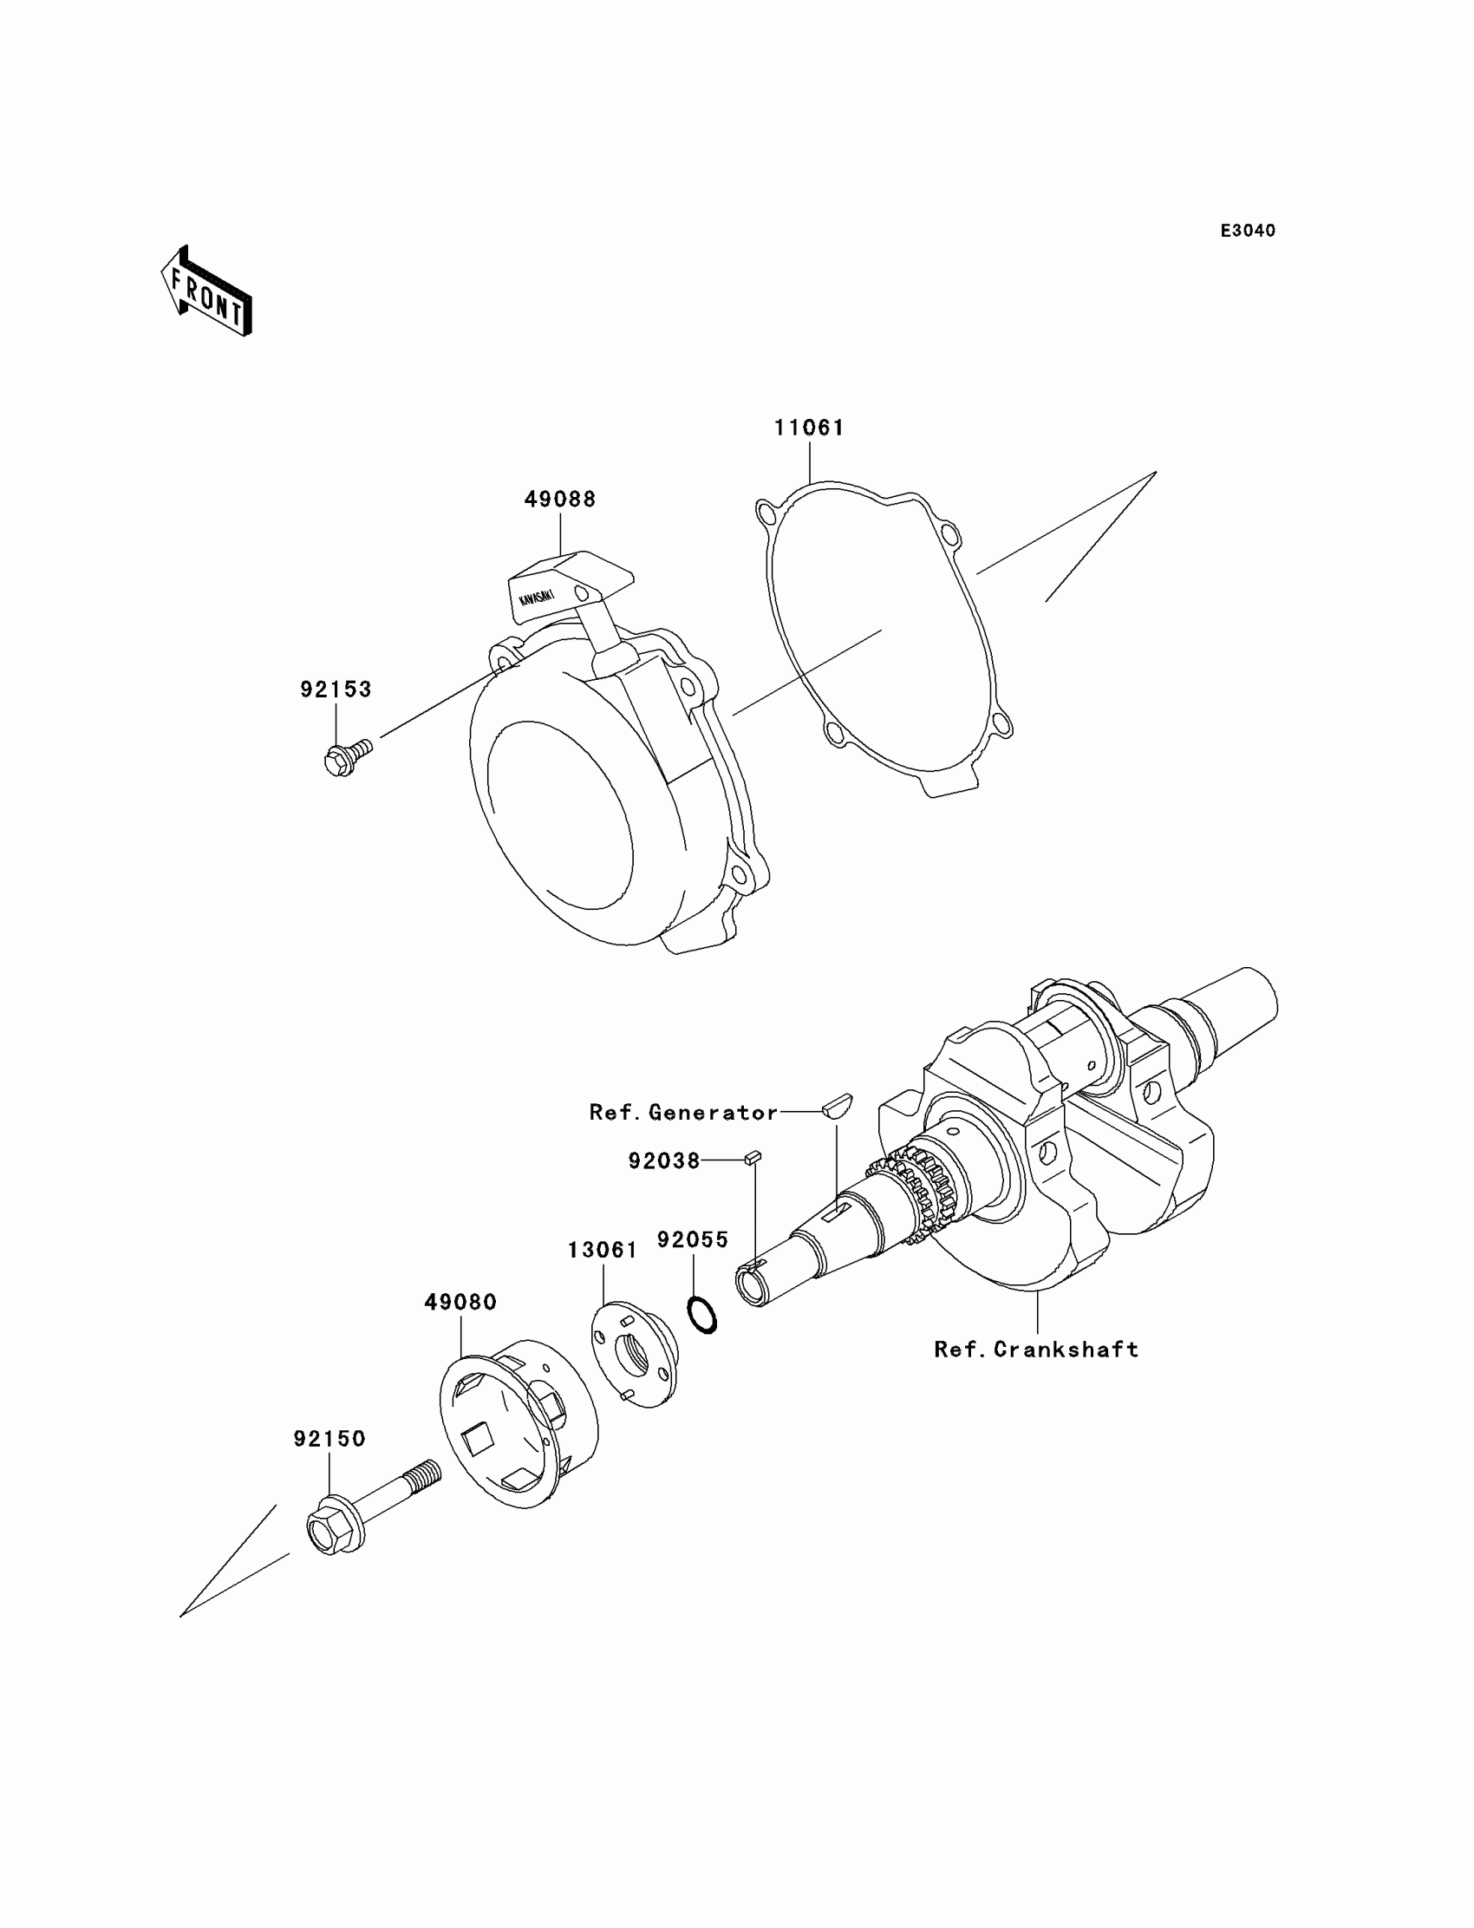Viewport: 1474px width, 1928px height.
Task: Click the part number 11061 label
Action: coord(808,428)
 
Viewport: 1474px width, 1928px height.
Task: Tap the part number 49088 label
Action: coord(560,500)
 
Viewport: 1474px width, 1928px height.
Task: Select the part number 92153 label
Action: coord(336,690)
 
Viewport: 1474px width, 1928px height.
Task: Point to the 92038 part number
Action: coord(664,1162)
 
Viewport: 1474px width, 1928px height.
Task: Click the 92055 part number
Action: coord(693,1240)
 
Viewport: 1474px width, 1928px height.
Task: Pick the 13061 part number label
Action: coord(603,1251)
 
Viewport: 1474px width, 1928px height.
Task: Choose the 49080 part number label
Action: coord(460,1303)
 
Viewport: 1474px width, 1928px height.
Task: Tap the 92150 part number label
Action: coord(329,1439)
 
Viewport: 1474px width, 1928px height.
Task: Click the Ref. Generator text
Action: coord(683,1113)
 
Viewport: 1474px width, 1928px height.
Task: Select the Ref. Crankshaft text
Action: coord(1036,1350)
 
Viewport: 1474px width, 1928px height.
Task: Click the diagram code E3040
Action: coord(1248,231)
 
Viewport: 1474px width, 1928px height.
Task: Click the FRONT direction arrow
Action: coord(207,293)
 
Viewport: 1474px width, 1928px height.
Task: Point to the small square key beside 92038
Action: coord(752,1159)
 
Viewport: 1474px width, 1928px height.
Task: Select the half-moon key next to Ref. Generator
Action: coord(837,1105)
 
